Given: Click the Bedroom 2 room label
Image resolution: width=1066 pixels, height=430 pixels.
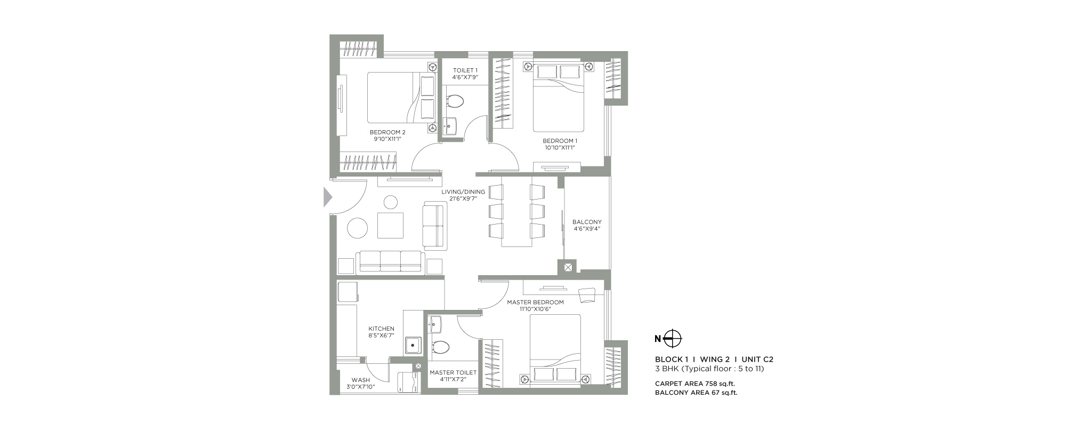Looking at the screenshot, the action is (x=387, y=132).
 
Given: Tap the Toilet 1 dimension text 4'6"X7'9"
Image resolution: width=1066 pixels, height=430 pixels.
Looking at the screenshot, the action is (x=465, y=77).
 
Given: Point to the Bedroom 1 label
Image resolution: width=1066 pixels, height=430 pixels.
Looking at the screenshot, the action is (x=560, y=141).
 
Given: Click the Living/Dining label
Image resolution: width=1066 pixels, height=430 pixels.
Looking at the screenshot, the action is (x=463, y=192).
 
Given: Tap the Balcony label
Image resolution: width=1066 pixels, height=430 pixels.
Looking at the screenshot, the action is (x=587, y=222).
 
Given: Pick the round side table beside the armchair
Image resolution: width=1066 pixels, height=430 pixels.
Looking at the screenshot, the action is (x=391, y=202).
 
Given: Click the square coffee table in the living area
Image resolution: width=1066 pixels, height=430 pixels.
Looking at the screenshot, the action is (x=391, y=225).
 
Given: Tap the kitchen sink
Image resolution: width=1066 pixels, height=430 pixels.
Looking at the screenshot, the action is (x=413, y=345).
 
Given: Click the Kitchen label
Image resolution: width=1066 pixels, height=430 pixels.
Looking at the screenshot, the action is (x=382, y=329).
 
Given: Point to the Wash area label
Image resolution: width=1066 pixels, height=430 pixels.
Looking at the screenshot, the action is (x=361, y=380).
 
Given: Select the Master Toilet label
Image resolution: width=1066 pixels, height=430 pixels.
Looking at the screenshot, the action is (x=453, y=372).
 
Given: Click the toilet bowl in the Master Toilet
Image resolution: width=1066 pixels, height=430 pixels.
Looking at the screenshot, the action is (x=441, y=347).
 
